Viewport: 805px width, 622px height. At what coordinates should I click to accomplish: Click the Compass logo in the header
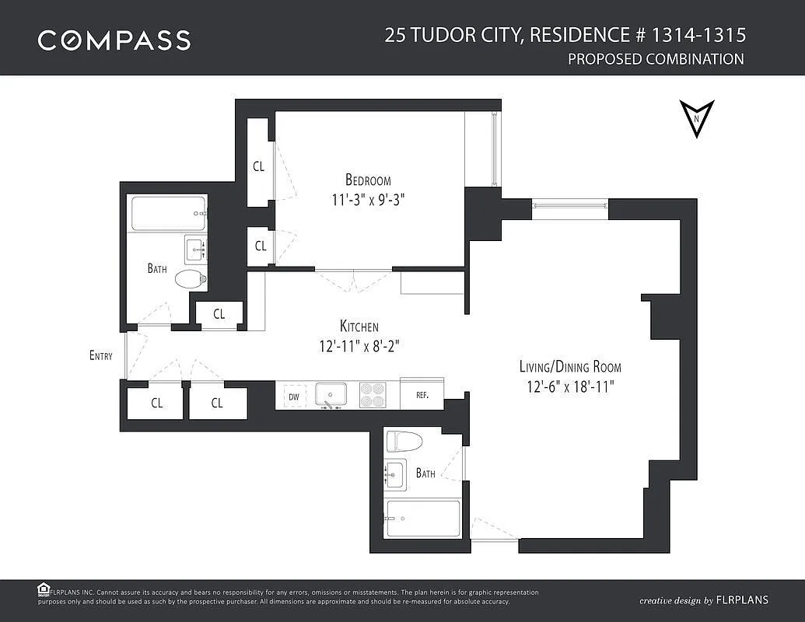114,40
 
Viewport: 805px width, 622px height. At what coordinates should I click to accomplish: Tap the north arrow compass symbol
697,118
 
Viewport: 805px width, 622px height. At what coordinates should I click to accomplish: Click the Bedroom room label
368,180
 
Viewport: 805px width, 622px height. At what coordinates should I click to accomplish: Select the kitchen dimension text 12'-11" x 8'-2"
359,347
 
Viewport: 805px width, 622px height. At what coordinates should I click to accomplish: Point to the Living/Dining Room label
570,366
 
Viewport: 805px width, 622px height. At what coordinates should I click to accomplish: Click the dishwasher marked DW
294,397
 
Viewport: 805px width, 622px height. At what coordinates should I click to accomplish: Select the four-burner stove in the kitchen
373,395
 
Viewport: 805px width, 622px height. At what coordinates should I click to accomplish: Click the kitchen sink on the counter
331,396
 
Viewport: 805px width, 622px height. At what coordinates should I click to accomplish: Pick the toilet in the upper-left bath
191,280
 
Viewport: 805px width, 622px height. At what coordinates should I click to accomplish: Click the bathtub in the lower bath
423,519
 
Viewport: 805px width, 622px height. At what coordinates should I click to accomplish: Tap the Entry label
100,355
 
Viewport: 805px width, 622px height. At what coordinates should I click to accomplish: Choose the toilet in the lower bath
404,442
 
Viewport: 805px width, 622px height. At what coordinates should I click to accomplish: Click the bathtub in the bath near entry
169,214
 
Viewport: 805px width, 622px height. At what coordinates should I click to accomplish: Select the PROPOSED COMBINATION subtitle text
656,59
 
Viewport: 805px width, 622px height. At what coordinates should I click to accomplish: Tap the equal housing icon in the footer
43,589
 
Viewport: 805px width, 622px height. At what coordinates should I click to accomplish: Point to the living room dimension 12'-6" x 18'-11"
570,386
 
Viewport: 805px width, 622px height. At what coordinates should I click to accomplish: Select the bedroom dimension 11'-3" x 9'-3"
368,200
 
